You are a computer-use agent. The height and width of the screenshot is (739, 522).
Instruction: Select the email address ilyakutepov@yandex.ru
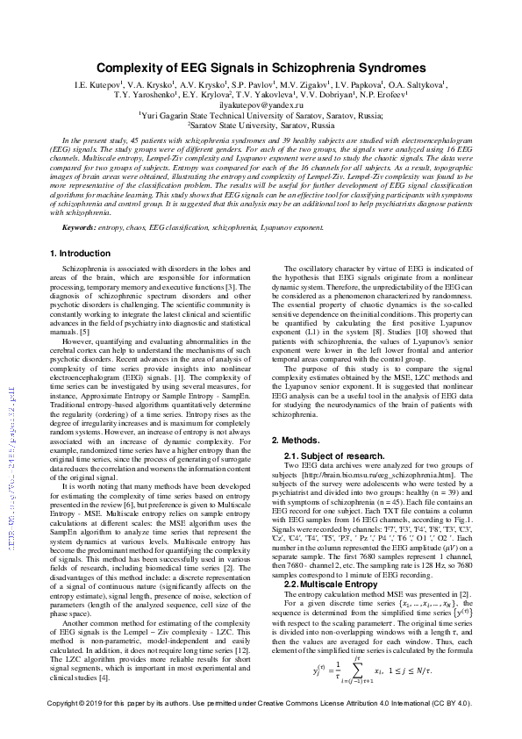point(261,104)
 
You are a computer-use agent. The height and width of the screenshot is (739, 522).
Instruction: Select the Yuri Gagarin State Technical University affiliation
point(261,115)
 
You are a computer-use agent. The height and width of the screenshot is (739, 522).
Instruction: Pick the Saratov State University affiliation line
point(261,125)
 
